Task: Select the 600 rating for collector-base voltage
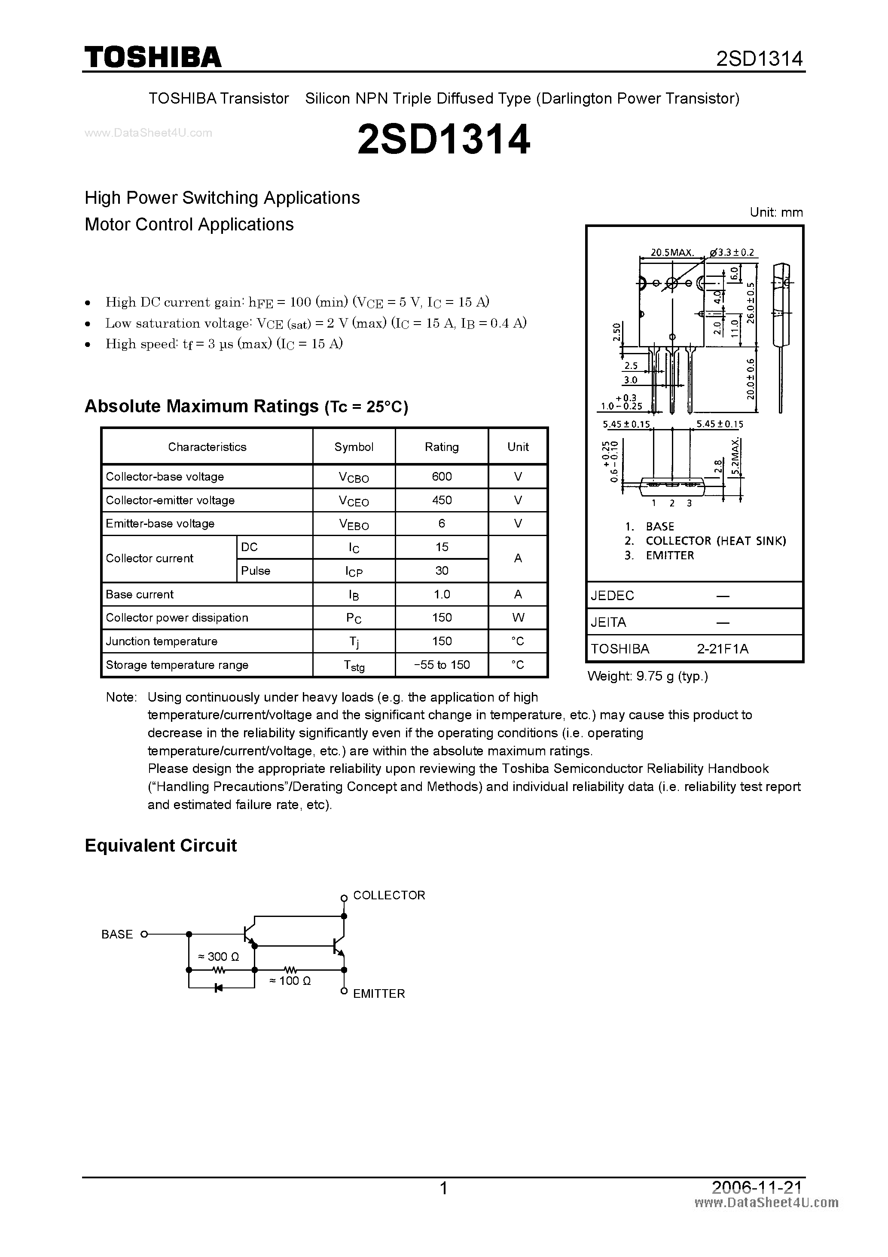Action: [442, 476]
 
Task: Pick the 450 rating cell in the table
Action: [442, 500]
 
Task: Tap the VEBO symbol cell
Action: [354, 524]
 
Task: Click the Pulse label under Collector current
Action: [256, 570]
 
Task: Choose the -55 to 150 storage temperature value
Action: [442, 665]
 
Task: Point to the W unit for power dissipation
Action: [518, 618]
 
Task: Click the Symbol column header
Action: [354, 447]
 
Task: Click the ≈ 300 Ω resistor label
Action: [218, 957]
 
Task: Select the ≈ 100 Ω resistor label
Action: [290, 981]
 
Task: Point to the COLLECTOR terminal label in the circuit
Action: [389, 895]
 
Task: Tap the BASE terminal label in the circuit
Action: [117, 935]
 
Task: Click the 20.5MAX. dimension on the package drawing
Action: [672, 252]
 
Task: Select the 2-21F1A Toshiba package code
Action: [722, 649]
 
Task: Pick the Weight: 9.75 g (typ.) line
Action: [647, 676]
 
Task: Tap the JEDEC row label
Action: [612, 595]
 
